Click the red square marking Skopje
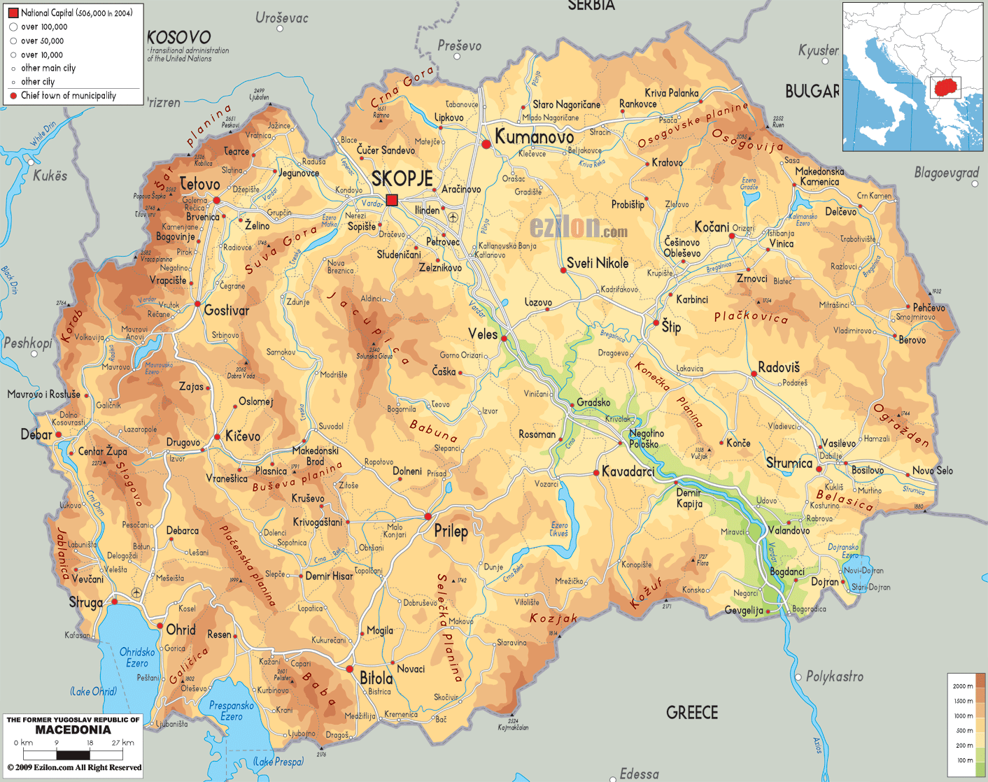tap(392, 199)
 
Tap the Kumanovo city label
tap(534, 137)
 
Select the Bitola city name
tap(376, 678)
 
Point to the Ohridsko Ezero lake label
tap(137, 657)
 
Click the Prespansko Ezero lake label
tap(231, 711)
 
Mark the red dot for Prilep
tap(428, 516)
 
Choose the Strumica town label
tap(789, 463)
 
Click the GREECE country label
tap(692, 713)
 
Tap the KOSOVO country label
tap(179, 38)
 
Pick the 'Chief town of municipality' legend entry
tap(68, 96)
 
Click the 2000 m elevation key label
tap(963, 686)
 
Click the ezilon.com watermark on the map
tap(578, 228)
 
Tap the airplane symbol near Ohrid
tap(136, 593)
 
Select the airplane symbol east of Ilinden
tap(453, 218)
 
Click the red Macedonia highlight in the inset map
tap(945, 88)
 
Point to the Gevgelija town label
tap(743, 611)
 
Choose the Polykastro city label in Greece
tap(834, 676)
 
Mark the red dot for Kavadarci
tap(596, 473)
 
